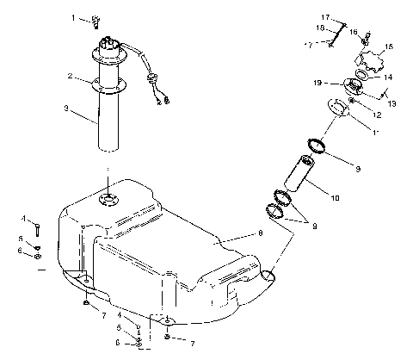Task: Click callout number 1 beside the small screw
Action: tap(74, 16)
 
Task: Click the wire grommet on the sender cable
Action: tap(156, 78)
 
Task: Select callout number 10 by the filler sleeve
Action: tap(333, 198)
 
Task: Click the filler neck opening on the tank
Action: tap(268, 276)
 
